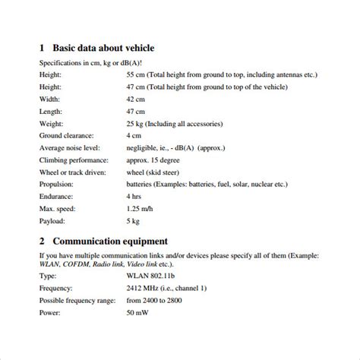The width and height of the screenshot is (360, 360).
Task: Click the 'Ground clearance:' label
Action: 68,136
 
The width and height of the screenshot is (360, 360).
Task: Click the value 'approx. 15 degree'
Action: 158,160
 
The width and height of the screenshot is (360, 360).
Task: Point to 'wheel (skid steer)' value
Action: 159,172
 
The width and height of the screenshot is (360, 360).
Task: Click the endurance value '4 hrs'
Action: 136,197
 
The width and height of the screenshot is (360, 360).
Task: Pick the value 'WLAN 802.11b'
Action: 153,277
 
